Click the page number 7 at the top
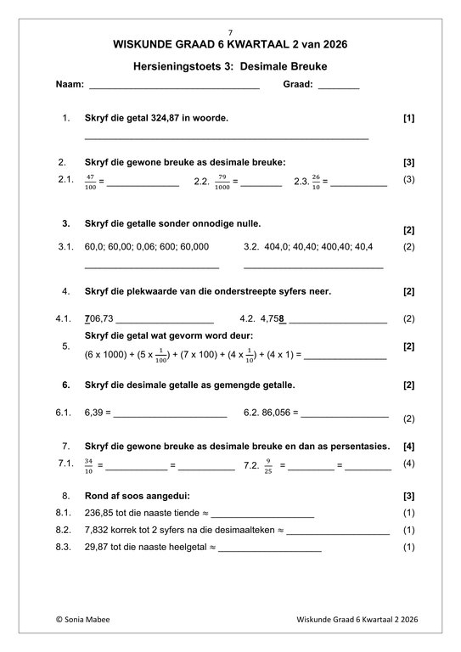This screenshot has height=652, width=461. click(230, 31)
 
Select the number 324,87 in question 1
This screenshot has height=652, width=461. click(176, 119)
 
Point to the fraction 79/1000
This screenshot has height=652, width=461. click(222, 181)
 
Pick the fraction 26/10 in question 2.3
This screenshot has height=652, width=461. click(316, 181)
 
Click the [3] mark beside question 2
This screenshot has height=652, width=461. click(408, 161)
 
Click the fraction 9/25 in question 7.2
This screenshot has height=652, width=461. click(267, 465)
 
